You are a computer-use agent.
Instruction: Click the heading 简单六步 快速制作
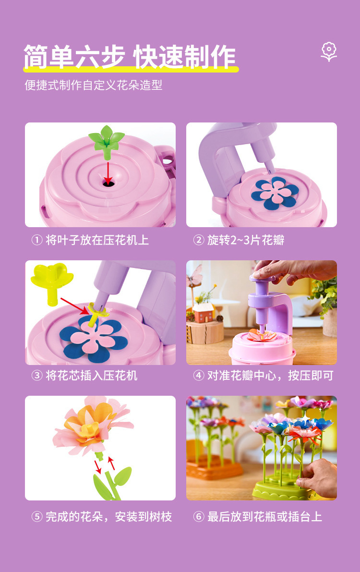130,57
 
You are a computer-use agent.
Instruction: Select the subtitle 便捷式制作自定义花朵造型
94,85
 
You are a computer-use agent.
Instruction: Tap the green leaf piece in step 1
107,136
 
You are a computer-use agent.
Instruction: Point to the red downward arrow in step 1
108,170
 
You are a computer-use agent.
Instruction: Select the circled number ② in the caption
199,240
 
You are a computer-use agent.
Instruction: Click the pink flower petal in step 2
275,191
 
